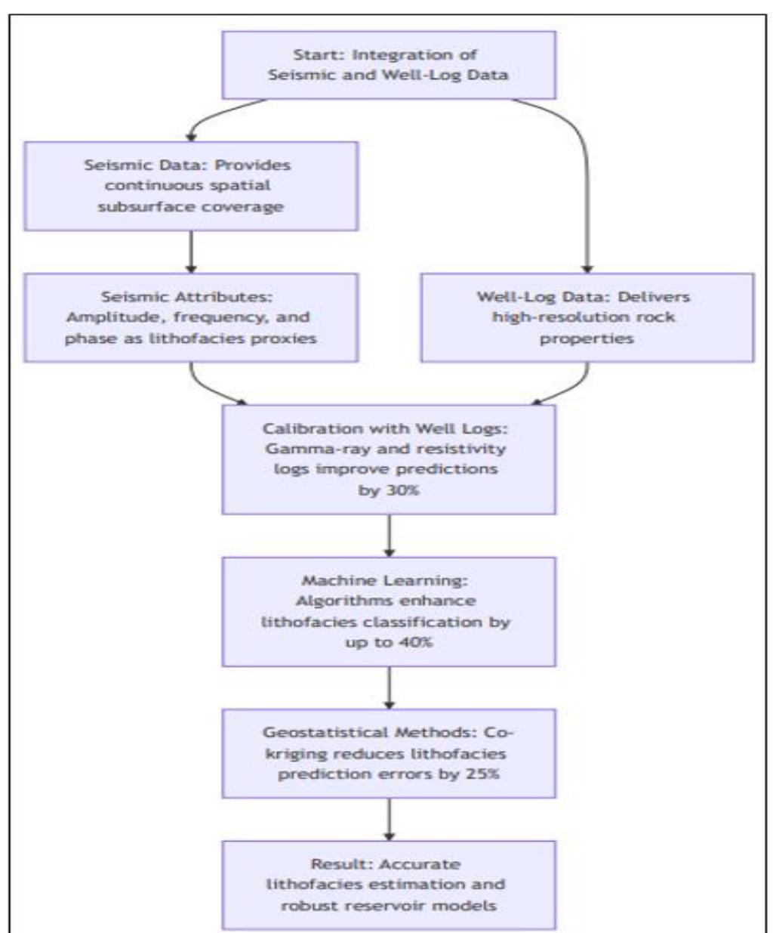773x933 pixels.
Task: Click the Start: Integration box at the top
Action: pos(389,65)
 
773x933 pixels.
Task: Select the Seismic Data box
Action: pos(190,186)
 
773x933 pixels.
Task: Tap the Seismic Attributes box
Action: pos(190,317)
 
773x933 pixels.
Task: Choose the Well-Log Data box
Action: pos(587,317)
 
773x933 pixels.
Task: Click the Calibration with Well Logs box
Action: pos(389,459)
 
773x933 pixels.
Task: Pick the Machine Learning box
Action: pos(389,612)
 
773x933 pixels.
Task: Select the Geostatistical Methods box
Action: pos(389,753)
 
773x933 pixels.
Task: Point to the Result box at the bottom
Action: pos(389,884)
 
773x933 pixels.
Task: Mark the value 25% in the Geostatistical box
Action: pos(482,774)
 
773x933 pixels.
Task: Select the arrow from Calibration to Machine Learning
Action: pos(389,536)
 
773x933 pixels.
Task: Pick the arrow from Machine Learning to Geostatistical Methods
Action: pos(389,687)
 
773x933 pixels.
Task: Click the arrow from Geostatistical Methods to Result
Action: pos(389,819)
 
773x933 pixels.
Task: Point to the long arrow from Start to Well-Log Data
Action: pos(587,196)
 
